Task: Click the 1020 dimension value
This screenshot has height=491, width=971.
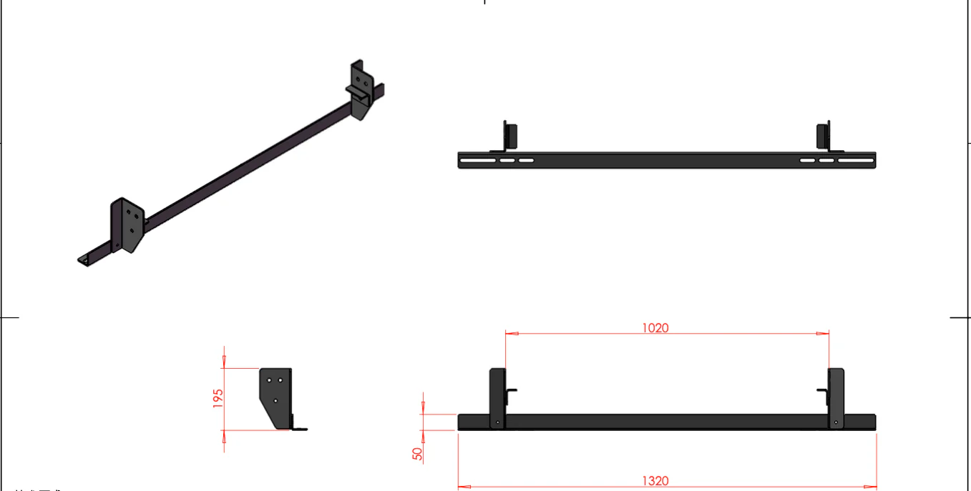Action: [x=655, y=328]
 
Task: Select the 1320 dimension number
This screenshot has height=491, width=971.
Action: [x=655, y=481]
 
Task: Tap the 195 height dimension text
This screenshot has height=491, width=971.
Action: [x=218, y=398]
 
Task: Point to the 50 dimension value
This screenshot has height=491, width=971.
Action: [x=418, y=453]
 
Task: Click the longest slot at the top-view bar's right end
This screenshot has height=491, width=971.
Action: [x=855, y=161]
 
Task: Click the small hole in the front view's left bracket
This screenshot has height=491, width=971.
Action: [x=498, y=422]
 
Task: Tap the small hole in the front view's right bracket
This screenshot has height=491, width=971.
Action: [x=836, y=422]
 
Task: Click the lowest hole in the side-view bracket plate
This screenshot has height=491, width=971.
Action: [x=275, y=402]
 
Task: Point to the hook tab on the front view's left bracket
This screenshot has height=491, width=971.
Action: [x=512, y=391]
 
